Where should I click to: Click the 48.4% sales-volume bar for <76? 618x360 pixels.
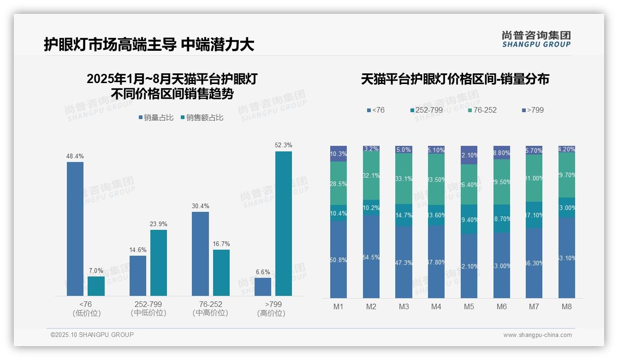pos(75,228)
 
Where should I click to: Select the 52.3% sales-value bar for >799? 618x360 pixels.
pos(284,223)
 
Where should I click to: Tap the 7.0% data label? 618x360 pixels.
pos(96,271)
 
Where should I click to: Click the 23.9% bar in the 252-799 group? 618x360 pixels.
pos(159,263)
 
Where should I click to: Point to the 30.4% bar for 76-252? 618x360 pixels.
pos(200,253)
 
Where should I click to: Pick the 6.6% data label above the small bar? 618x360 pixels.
pos(263,272)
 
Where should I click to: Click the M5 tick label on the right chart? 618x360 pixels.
pos(469,306)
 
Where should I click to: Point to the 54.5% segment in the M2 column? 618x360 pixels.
pos(371,257)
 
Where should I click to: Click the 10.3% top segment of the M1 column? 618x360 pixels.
pos(339,154)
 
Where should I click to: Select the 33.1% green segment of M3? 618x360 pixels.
pos(404,179)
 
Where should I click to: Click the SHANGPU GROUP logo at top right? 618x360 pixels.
pos(536,39)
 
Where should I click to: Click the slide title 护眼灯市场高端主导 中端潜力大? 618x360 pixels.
pos(149,44)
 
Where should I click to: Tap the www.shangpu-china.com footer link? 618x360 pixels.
pos(537,335)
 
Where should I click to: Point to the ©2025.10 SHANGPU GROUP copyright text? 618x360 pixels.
pos(92,335)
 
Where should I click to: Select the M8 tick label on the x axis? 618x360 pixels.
pos(567,306)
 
